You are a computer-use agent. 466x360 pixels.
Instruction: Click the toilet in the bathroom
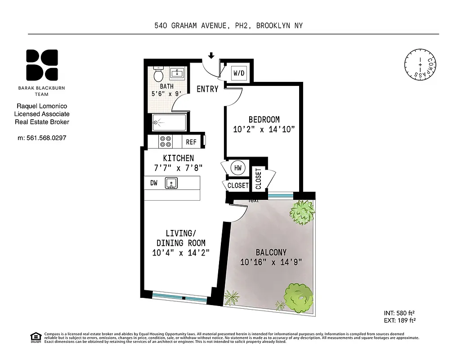coord(158,73)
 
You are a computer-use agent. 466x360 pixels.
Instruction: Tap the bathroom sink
coord(177,73)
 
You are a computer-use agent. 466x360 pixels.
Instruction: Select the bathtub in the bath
coord(169,122)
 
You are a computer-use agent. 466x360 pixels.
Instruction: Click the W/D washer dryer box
coord(238,72)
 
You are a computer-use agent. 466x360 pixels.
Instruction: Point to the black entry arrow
coord(211,56)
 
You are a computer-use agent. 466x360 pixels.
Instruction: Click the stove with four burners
coord(166,142)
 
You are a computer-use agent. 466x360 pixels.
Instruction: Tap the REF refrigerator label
coord(191,142)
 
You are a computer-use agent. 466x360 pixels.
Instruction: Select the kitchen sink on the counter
coord(171,183)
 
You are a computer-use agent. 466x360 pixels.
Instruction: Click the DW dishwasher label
coord(154,183)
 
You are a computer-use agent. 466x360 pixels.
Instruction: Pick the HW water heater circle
coord(237,168)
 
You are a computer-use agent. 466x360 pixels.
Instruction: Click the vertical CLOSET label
coord(258,178)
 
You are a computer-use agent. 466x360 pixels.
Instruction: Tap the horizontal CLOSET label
coord(237,185)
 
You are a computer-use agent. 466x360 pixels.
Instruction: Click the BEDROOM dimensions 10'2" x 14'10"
coord(264,130)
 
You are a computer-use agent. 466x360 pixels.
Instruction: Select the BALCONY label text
coord(271,252)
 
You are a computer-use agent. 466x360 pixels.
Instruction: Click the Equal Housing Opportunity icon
coord(35,337)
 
